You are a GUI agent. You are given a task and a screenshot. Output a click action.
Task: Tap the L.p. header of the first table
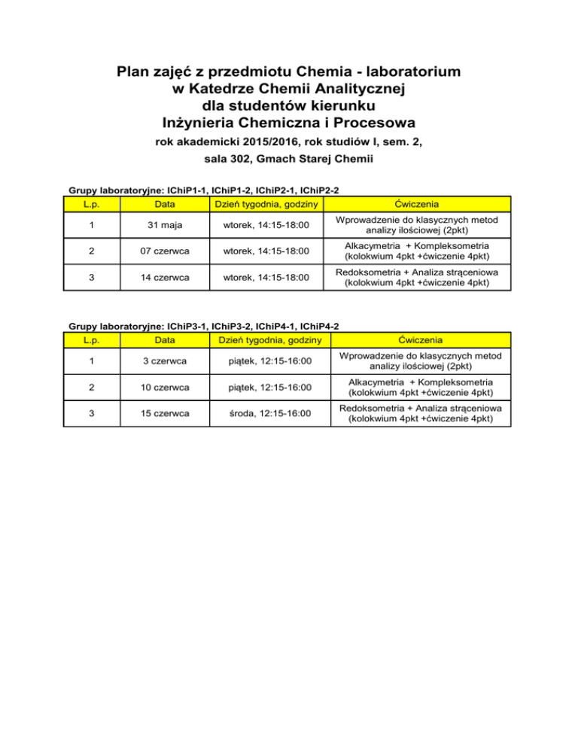pos(90,204)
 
